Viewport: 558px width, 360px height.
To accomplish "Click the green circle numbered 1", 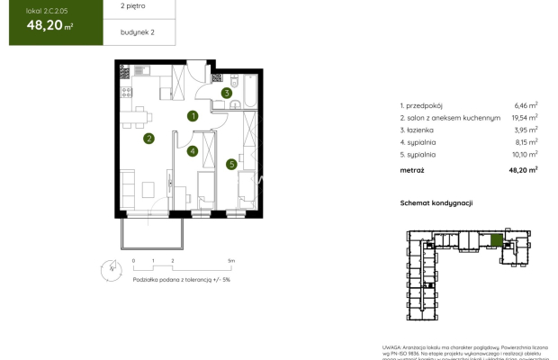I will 193,116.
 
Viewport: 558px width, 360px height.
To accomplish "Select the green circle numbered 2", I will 148,139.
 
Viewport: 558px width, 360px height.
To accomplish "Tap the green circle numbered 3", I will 228,92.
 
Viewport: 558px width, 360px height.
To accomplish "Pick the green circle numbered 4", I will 193,151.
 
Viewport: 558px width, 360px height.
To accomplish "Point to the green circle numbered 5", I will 231,164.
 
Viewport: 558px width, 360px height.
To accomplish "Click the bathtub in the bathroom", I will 244,91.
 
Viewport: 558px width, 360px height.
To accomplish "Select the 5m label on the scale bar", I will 231,260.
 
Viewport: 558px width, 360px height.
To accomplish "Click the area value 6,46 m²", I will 526,105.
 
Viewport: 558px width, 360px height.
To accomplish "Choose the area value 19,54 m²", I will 524,117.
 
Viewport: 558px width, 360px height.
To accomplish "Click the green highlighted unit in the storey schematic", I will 496,240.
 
